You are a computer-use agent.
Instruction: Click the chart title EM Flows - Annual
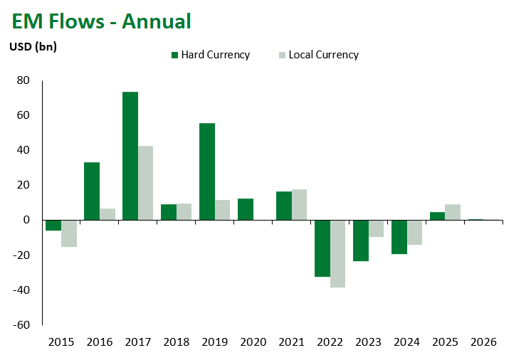tap(101, 21)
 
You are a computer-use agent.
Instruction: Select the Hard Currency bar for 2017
tap(130, 156)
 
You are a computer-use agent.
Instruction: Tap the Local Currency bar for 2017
tap(146, 183)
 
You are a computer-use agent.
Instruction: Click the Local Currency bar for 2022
tap(337, 253)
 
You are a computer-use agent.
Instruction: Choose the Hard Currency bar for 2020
tap(245, 209)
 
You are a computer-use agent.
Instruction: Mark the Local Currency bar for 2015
tap(69, 233)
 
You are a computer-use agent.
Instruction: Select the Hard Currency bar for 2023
tap(360, 240)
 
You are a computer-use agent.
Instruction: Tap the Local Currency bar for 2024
tap(414, 233)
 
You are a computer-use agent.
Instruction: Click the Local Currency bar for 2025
tap(453, 212)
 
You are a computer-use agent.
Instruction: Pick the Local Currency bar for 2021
tap(299, 205)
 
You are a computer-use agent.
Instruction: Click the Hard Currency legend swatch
tap(174, 55)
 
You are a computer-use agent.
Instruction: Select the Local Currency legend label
tap(323, 55)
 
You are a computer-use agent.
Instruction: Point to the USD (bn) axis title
tap(33, 47)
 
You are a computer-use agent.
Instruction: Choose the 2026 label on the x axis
tap(484, 342)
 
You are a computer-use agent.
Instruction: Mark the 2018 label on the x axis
tap(177, 342)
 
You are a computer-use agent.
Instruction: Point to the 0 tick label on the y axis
tap(26, 220)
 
